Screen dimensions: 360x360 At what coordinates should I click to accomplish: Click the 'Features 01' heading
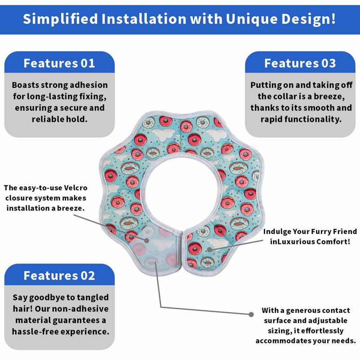click(59, 63)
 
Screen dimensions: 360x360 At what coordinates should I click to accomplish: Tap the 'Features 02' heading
click(59, 275)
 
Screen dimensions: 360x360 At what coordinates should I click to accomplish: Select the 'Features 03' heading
click(300, 63)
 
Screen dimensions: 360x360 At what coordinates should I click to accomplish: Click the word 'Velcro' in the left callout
click(76, 188)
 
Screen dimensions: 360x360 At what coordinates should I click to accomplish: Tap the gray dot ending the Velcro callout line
click(147, 240)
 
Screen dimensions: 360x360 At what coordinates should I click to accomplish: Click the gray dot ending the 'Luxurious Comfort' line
click(209, 250)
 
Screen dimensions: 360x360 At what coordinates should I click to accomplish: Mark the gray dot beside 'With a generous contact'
click(251, 314)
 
